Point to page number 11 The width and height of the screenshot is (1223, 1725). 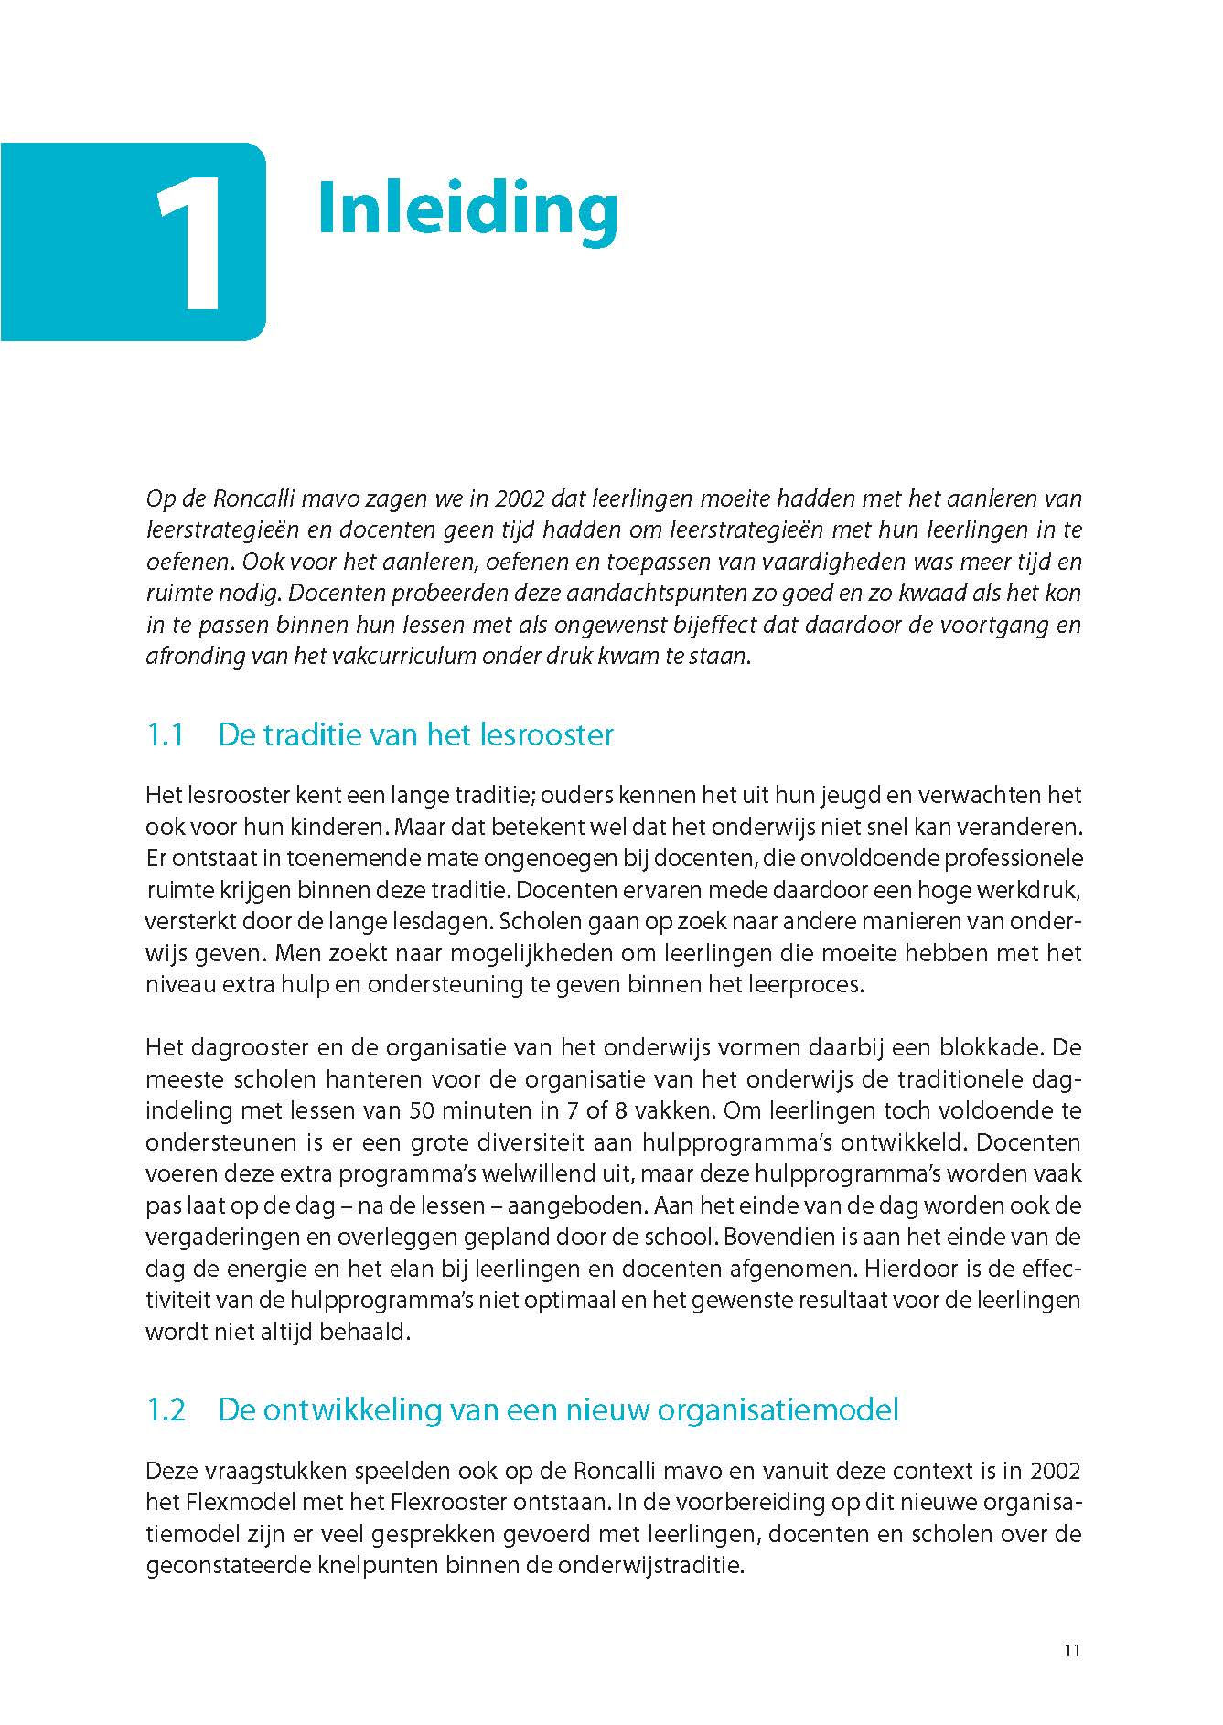tap(1073, 1651)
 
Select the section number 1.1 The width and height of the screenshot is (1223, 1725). tap(166, 735)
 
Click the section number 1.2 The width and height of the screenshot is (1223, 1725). tap(166, 1409)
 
